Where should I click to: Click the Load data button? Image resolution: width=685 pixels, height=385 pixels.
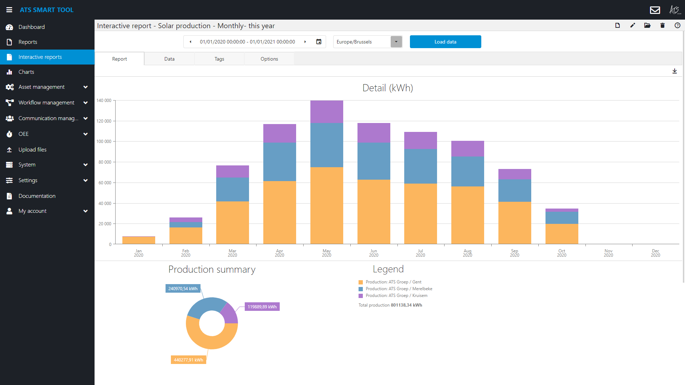(x=445, y=42)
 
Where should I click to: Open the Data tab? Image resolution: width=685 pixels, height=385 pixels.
(x=169, y=59)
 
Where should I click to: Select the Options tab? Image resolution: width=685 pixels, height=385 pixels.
(x=269, y=59)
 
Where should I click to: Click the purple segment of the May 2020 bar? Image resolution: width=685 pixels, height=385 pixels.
(x=326, y=112)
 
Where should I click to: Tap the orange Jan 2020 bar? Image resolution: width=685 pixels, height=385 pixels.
(x=138, y=240)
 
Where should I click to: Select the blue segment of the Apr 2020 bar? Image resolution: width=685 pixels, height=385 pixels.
(x=279, y=161)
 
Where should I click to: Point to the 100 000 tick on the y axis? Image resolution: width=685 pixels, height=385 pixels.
(x=104, y=142)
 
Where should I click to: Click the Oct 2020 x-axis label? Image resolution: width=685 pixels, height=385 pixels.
(x=562, y=253)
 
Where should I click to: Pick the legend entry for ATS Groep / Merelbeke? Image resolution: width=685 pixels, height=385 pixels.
(x=399, y=289)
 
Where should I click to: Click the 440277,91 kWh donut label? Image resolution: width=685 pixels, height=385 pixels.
(x=188, y=360)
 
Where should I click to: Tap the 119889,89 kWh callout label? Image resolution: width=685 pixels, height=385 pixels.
(x=262, y=307)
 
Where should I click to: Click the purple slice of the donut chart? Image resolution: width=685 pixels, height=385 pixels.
(x=229, y=314)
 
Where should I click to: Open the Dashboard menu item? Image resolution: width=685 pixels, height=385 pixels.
(x=31, y=27)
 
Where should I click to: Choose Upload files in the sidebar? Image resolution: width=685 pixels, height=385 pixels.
(x=32, y=150)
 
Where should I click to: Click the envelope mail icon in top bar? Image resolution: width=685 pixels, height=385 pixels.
(x=655, y=10)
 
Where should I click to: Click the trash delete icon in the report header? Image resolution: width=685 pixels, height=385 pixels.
(x=663, y=25)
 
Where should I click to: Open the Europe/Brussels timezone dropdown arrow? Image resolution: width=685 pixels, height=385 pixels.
(x=396, y=42)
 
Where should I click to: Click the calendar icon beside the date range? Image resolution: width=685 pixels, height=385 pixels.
(x=319, y=42)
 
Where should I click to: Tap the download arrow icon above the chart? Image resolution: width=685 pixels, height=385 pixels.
(x=674, y=71)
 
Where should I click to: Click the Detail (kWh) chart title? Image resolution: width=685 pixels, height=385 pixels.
(x=387, y=88)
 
